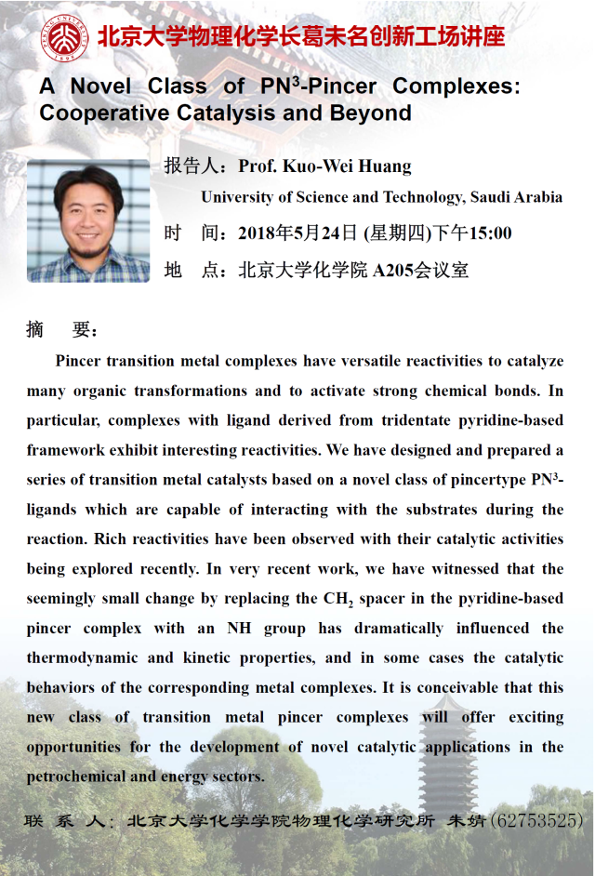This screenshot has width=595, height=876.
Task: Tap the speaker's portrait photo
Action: click(88, 221)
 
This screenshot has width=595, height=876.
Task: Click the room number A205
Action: click(395, 271)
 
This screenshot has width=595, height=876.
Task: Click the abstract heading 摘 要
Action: click(61, 330)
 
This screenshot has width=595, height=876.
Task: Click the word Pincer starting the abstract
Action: click(77, 361)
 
